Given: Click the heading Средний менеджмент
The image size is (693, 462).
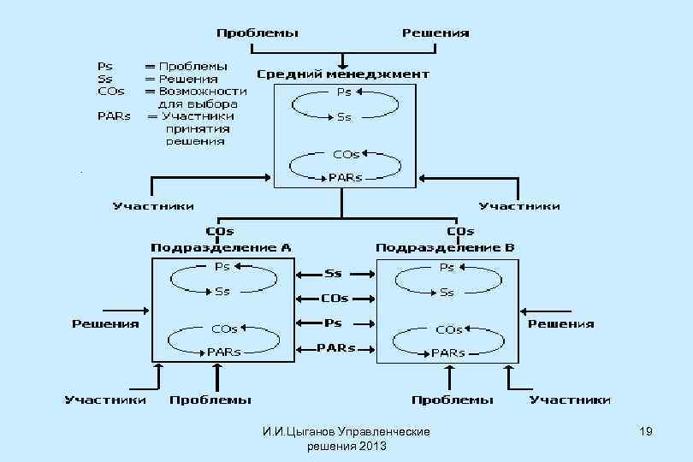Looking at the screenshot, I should (343, 74).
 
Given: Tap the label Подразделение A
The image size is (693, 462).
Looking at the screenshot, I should (221, 247).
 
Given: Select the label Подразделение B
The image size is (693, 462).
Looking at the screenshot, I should (446, 247).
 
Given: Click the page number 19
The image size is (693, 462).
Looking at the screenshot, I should (646, 433).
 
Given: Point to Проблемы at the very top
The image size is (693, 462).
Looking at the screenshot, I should (258, 33).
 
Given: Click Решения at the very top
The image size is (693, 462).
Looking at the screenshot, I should (435, 33).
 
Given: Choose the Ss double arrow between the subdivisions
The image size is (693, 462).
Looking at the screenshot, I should (334, 274).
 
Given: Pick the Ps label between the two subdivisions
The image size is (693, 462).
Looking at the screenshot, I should (334, 323).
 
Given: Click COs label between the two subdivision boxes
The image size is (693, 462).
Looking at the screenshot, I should (335, 299).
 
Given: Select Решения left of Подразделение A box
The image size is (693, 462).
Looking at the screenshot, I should (105, 323).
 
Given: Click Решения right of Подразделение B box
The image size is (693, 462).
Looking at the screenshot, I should (560, 323).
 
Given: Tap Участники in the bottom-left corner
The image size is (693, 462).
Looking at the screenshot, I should (105, 400).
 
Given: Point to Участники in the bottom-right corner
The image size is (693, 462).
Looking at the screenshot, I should (570, 400).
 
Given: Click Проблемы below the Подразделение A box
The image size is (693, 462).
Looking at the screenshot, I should (210, 400).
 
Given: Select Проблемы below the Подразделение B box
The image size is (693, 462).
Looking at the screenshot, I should (453, 400).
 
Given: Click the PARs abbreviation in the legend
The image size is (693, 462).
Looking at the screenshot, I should (114, 115).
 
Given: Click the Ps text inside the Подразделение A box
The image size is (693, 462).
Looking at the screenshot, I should (222, 267).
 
